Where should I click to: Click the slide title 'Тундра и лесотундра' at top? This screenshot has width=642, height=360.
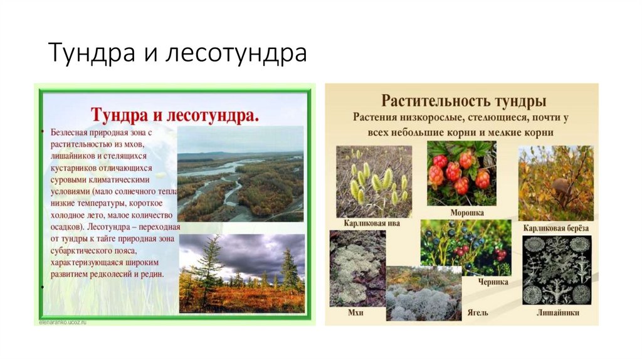177,54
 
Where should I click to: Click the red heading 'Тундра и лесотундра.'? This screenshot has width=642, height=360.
175,115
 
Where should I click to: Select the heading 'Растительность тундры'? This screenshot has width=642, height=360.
464,101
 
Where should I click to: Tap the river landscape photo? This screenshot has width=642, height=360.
240,174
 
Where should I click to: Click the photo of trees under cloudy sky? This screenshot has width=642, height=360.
241,273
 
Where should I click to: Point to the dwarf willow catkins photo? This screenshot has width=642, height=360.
373,181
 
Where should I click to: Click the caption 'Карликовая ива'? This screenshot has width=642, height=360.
372,223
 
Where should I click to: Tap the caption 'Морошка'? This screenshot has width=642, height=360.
466,213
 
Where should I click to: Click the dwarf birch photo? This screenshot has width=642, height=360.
555,183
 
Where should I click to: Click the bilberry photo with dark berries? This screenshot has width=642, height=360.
465,247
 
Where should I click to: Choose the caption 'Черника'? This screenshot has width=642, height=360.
492,282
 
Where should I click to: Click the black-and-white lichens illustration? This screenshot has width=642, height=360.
557,270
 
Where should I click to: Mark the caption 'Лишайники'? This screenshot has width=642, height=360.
557,312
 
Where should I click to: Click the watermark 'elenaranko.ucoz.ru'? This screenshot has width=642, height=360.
60,321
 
